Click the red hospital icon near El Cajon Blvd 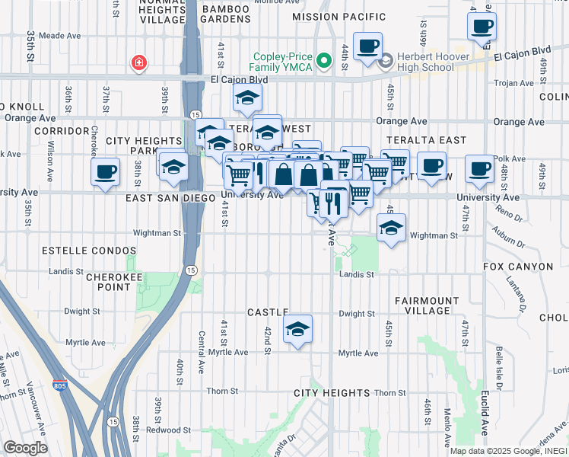(138, 62)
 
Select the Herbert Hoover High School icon (386, 59)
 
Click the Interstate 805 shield (59, 386)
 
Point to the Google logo (25, 448)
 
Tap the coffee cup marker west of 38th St (105, 171)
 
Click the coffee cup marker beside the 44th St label (367, 46)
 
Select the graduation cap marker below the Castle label (297, 329)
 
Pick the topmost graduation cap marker (246, 98)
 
